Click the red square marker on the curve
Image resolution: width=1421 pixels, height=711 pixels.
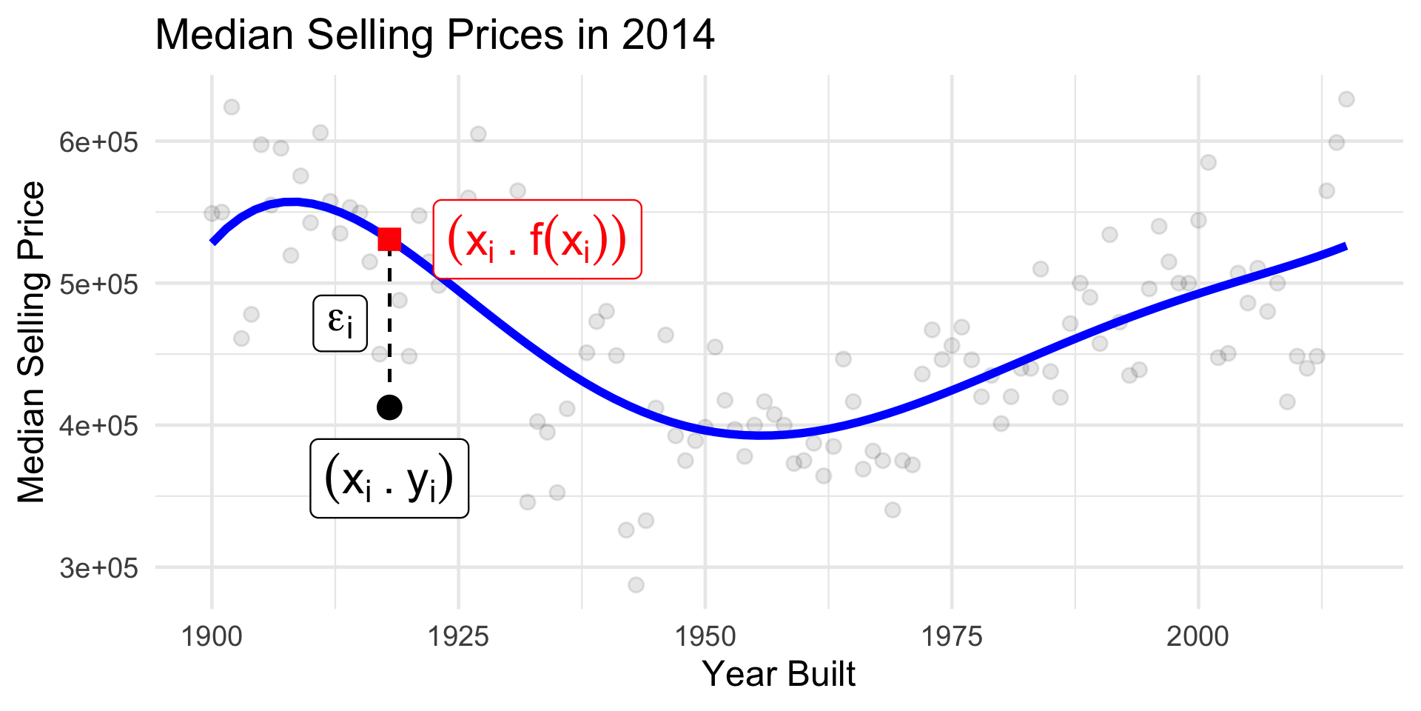[389, 239]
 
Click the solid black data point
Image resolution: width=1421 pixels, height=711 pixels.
[389, 407]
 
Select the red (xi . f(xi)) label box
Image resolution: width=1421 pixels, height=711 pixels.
[537, 240]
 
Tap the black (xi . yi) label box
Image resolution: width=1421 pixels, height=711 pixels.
[389, 478]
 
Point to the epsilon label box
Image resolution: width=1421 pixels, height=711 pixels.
[340, 323]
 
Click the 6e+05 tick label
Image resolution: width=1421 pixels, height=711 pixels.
[98, 141]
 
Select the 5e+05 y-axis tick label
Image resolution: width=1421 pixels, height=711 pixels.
[98, 284]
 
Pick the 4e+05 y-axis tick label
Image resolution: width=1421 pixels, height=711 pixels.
[98, 426]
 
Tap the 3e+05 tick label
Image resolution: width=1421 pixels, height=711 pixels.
[98, 568]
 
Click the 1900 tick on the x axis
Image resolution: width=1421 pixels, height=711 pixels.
[212, 636]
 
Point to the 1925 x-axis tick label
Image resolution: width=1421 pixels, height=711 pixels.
[459, 636]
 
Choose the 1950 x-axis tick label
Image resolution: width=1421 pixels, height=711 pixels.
[705, 636]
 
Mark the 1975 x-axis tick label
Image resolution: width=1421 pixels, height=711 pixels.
[952, 636]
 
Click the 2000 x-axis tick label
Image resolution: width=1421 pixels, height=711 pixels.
[1197, 636]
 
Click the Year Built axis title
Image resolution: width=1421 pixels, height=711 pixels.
[779, 674]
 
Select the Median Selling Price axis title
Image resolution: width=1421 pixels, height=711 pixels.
[32, 342]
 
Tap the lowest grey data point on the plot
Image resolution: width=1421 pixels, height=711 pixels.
[636, 585]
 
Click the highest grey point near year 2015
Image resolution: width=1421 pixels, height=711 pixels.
[1346, 99]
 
